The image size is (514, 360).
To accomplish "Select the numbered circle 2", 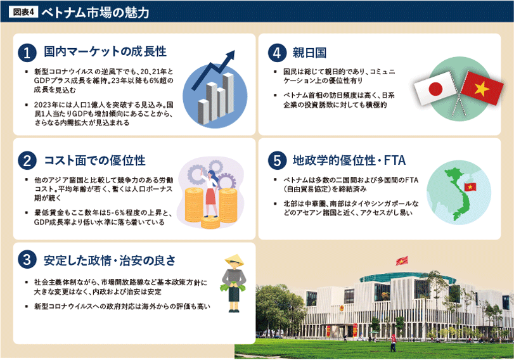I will [27, 161].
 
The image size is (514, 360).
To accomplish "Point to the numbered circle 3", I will [27, 260].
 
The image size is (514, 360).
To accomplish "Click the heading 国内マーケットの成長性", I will [105, 51].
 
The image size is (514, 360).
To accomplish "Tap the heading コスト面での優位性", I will [94, 161].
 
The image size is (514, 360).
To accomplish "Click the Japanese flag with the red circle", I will [435, 89].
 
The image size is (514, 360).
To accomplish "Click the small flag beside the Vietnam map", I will [470, 186].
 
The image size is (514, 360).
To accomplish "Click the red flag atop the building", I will [401, 260].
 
